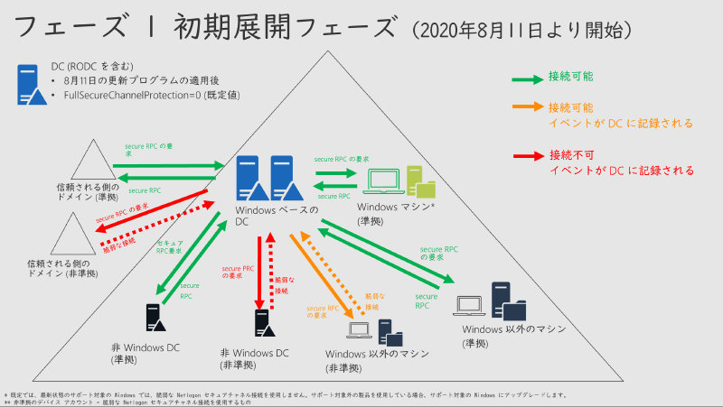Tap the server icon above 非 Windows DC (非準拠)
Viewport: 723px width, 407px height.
pos(263,322)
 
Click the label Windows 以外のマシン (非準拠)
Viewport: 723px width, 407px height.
pos(377,358)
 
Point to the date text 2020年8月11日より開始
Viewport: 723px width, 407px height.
pos(521,30)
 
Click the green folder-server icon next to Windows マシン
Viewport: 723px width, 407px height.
pos(420,180)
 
